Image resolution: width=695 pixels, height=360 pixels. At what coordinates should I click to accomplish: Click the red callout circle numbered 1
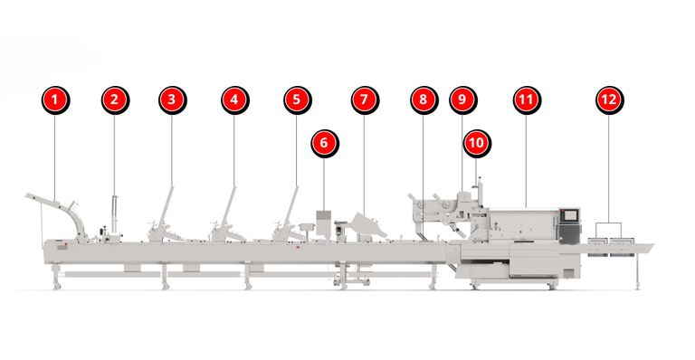tap(55, 100)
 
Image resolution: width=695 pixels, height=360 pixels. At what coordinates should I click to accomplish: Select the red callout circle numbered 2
tap(115, 100)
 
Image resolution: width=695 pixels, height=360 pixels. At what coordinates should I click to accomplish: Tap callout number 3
tap(173, 100)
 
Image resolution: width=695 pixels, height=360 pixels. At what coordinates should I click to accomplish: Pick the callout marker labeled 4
tap(235, 100)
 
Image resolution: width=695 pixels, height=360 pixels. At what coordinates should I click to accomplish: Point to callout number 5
tap(298, 100)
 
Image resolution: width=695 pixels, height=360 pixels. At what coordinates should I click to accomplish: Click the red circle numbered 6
tap(325, 144)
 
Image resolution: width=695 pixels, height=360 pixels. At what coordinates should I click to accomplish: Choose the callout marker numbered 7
tap(365, 100)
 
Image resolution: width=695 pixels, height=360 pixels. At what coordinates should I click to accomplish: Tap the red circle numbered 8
tap(424, 100)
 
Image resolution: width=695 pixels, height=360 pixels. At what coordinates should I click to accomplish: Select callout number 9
tap(462, 100)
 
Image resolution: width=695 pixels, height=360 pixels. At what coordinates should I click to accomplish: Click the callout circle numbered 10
tap(477, 144)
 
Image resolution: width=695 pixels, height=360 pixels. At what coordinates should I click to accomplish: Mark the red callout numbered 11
tap(527, 100)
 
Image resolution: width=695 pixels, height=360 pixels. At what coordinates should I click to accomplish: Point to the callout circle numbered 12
tap(609, 100)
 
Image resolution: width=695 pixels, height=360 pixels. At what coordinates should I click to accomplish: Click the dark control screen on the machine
tap(569, 214)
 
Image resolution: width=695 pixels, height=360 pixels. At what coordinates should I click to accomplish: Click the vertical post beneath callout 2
tap(115, 213)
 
